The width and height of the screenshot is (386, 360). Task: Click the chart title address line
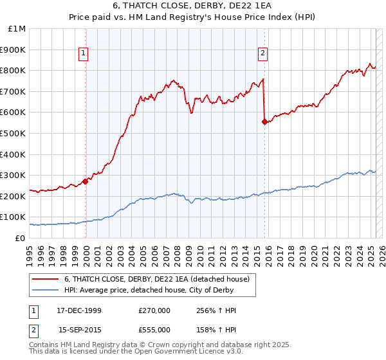(192, 7)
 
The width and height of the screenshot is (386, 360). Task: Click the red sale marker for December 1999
(86, 181)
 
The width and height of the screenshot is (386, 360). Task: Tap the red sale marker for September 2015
(264, 122)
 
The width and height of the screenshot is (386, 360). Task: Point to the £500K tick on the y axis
(13, 133)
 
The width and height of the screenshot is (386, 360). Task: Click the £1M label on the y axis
(17, 29)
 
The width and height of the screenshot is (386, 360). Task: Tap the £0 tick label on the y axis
(20, 238)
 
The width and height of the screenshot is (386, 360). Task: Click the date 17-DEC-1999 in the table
(79, 310)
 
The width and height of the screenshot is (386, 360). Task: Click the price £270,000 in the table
(154, 310)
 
